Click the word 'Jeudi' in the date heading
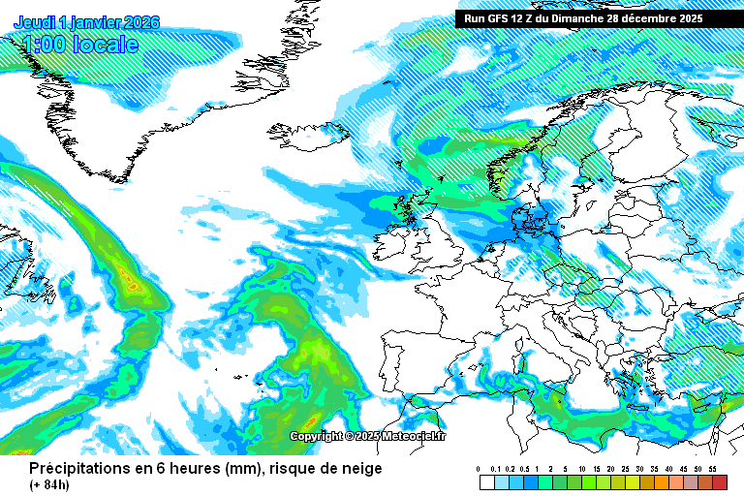coord(34,22)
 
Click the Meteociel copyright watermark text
coord(368,437)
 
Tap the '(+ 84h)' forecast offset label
coord(49,484)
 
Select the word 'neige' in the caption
coord(359,469)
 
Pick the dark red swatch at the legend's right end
coord(718,481)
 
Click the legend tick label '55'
coord(711,469)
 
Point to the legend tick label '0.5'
coord(524,469)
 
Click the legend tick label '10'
coord(580,469)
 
